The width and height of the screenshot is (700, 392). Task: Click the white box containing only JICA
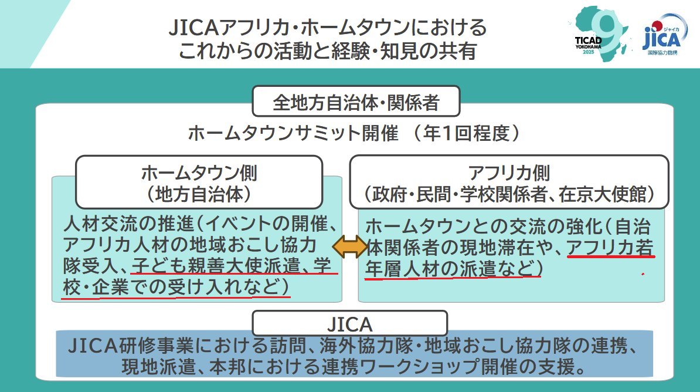(x=349, y=323)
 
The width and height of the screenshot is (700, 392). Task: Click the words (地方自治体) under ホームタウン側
(x=199, y=192)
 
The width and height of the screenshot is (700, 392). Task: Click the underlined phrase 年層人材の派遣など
(x=451, y=269)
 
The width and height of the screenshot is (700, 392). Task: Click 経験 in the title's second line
(x=346, y=51)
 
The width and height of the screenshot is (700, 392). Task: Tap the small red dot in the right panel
(x=644, y=274)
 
